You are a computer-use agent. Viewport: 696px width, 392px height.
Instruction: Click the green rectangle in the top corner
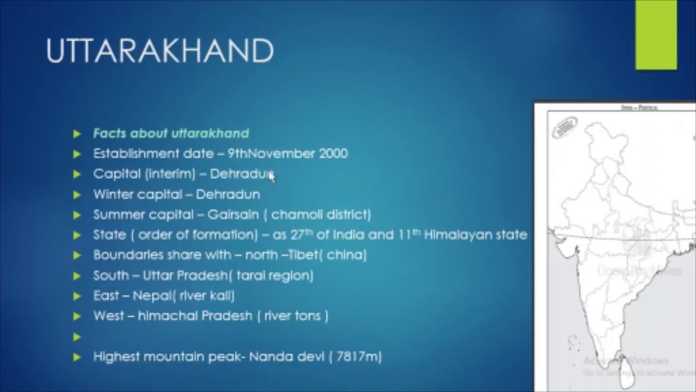click(x=656, y=35)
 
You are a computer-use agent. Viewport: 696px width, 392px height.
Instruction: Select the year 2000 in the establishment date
click(x=333, y=154)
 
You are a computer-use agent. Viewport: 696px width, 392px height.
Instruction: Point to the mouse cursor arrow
click(x=271, y=176)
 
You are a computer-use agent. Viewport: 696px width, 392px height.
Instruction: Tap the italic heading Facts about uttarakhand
click(x=171, y=133)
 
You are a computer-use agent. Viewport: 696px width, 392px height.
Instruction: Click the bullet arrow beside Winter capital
click(x=77, y=195)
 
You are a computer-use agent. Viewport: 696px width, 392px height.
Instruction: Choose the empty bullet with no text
click(x=77, y=337)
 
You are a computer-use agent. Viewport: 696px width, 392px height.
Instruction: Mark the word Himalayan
click(x=454, y=235)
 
